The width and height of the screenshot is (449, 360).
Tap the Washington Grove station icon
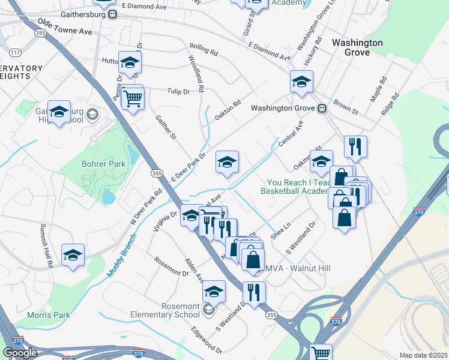point(322,109)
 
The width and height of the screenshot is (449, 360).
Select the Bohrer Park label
point(103,164)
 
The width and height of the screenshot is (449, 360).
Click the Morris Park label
point(49,315)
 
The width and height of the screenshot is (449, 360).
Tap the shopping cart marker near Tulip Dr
point(133,98)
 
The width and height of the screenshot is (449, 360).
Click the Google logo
point(20,353)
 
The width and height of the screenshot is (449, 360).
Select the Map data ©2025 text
point(424,355)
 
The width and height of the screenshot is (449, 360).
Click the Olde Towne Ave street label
point(64,26)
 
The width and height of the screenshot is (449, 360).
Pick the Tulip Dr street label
point(178,91)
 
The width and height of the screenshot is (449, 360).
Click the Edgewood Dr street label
point(206,340)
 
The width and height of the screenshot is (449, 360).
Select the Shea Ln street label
point(280,232)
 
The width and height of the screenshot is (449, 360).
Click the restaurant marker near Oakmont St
point(355,146)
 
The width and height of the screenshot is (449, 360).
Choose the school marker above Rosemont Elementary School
point(214,292)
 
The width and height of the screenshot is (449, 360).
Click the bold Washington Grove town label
point(357,47)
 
